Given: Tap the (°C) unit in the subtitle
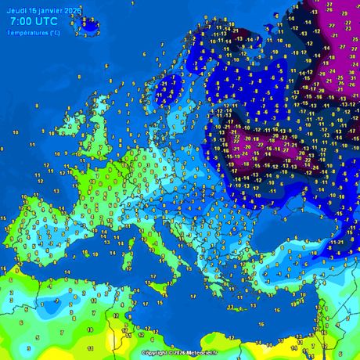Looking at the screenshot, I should click(54, 33).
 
